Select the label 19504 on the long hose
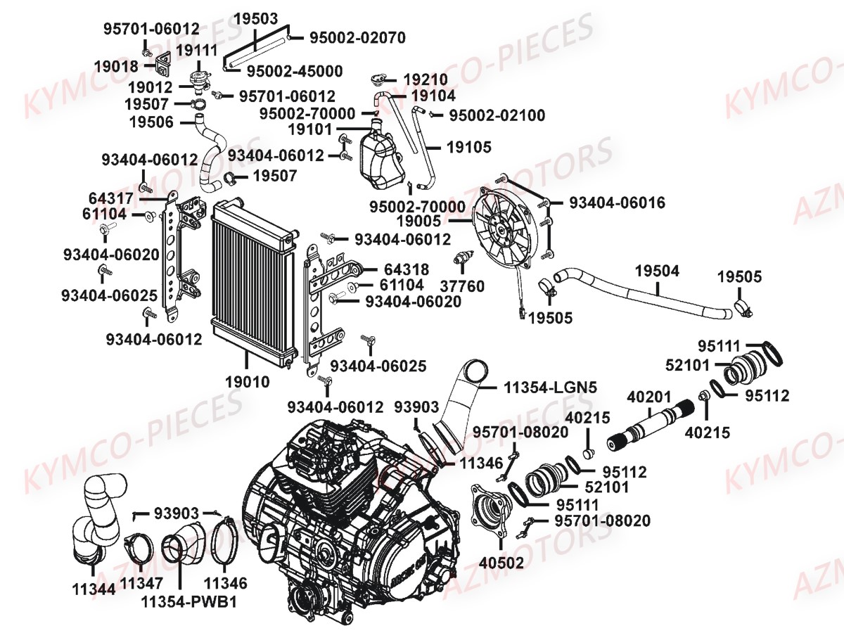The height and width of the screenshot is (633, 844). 658,271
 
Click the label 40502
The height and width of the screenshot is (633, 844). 500,563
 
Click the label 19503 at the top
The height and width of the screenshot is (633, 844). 255,18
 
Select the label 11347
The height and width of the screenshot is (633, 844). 141,583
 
